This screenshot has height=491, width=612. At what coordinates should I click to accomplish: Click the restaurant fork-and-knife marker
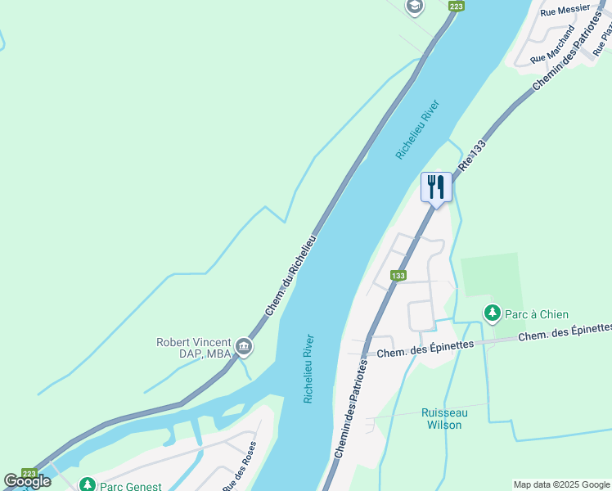(436, 187)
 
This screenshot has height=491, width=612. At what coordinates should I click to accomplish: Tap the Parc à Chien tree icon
(492, 313)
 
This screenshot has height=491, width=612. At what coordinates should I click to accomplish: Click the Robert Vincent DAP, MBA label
(193, 348)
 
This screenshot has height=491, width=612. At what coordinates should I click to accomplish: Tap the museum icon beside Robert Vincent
(243, 348)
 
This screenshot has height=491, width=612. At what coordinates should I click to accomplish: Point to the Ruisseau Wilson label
(443, 419)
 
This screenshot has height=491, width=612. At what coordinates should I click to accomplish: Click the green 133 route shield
(398, 276)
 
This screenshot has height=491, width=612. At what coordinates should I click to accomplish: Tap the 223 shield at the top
(457, 6)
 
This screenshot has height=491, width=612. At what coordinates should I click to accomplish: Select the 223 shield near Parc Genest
(29, 474)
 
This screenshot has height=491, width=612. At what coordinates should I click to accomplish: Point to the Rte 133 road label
(477, 155)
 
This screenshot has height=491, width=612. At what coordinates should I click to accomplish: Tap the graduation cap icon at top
(414, 7)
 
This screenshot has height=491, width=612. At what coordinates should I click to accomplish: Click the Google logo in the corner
(27, 481)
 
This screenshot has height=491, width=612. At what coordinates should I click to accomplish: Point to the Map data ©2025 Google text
(561, 484)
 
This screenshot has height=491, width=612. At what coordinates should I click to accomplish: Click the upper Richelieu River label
(423, 129)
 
